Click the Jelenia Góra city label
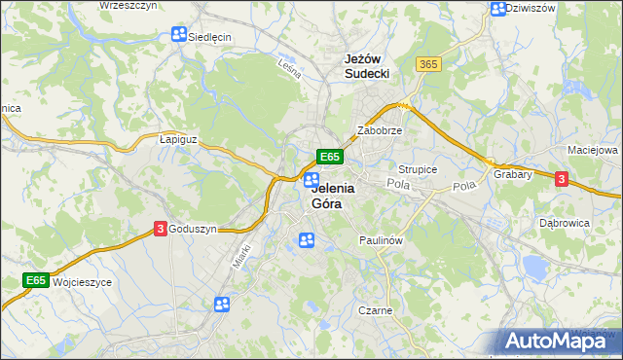click(x=334, y=197)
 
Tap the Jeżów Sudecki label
click(x=367, y=65)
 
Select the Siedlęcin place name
click(x=209, y=36)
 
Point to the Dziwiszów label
click(x=533, y=8)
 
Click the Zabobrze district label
click(x=380, y=129)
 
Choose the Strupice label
click(x=418, y=169)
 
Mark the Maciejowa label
click(x=593, y=151)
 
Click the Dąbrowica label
click(x=565, y=223)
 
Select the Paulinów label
click(x=381, y=239)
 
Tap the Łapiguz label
click(x=178, y=139)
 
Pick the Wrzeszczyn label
click(x=128, y=6)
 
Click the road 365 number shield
click(x=427, y=64)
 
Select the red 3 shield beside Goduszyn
click(x=160, y=229)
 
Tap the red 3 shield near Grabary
click(x=562, y=178)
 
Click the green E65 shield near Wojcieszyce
click(x=36, y=280)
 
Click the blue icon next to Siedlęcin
click(x=178, y=35)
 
